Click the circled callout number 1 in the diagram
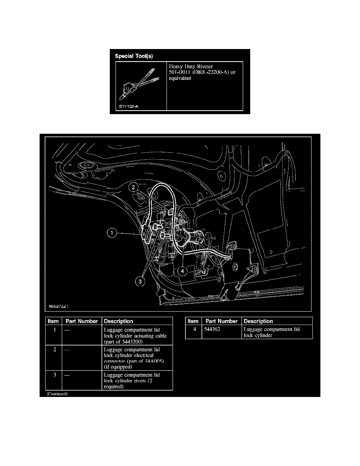112,234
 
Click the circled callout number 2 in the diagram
134,188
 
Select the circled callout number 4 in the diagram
182,270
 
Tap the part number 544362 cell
213,329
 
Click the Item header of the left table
53,321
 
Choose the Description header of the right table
258,321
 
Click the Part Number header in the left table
82,321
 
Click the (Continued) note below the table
57,394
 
